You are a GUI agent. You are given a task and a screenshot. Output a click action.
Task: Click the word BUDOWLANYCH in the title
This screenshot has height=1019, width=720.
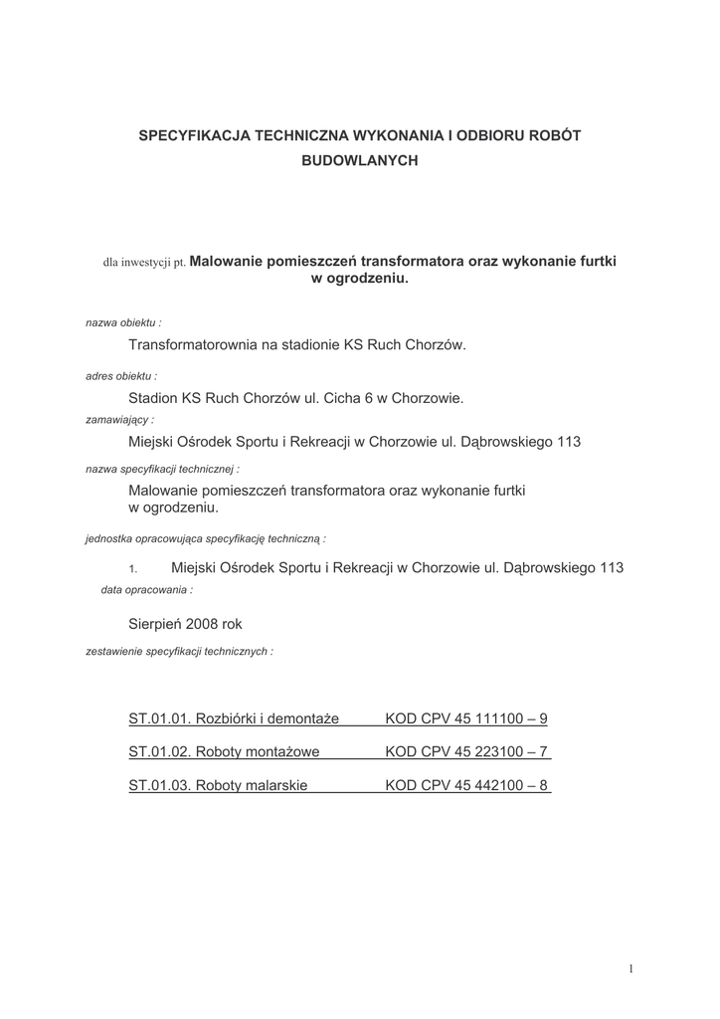tap(360, 159)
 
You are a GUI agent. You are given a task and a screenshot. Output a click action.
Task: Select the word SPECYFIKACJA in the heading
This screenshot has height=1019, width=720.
tap(193, 134)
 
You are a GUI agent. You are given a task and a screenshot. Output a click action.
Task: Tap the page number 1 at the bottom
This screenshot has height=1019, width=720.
tap(630, 968)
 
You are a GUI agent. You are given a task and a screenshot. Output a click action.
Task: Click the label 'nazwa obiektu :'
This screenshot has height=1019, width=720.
tap(124, 323)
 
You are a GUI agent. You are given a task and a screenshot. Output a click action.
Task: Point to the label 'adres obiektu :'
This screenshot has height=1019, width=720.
tap(121, 376)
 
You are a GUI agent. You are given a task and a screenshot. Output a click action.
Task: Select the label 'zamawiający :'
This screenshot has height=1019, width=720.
tap(120, 420)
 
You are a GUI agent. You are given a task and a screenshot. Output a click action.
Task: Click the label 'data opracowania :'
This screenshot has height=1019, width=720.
tap(147, 590)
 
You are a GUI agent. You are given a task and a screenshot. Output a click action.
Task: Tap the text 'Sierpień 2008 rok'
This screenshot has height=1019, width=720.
tap(185, 624)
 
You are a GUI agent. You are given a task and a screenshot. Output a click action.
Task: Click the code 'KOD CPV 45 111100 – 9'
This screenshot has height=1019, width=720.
tap(466, 718)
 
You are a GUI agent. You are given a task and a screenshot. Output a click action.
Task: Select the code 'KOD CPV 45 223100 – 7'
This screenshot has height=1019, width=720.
tap(466, 752)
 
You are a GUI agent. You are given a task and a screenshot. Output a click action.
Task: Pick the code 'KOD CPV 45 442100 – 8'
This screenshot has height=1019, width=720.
tap(466, 785)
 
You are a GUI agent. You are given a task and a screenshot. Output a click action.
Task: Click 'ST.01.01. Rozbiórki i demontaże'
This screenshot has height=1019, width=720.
tap(234, 718)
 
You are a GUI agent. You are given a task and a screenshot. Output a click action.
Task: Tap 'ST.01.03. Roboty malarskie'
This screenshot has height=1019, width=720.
tap(218, 785)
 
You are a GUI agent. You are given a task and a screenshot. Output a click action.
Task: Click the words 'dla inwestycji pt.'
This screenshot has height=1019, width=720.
tap(144, 264)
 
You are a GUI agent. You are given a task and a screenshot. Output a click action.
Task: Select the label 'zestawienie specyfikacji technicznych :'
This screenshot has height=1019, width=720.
tap(180, 651)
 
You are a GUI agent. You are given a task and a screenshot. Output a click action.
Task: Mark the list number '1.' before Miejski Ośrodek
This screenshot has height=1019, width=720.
tap(132, 569)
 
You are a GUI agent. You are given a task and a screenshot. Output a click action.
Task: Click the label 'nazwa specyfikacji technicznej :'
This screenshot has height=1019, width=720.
tap(162, 467)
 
